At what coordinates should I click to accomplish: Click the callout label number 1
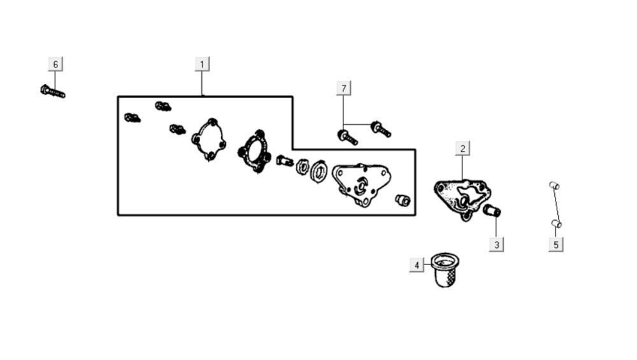[x=202, y=64]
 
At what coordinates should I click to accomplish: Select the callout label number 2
[x=462, y=148]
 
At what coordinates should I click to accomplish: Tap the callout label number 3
[x=496, y=243]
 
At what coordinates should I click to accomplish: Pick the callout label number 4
[x=417, y=265]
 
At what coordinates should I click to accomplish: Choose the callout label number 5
[x=555, y=244]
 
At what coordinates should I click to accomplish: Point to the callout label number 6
[x=55, y=64]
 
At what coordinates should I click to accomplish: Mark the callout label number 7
[x=344, y=87]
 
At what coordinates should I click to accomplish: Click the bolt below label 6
[x=52, y=91]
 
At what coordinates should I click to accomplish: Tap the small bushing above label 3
[x=492, y=210]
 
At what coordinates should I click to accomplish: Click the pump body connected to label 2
[x=462, y=195]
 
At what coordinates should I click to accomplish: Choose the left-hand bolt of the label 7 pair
[x=347, y=136]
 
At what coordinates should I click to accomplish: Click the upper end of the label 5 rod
[x=554, y=185]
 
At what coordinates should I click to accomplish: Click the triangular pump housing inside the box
[x=361, y=184]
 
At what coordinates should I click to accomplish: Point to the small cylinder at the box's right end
[x=403, y=200]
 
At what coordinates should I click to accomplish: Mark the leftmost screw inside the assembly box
[x=132, y=118]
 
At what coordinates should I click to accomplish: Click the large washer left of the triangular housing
[x=319, y=173]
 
